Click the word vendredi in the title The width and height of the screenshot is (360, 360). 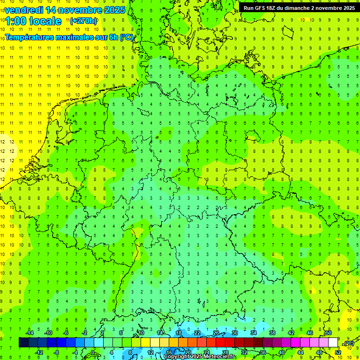pyautogui.click(x=23, y=10)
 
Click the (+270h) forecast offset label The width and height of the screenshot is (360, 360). pyautogui.click(x=83, y=21)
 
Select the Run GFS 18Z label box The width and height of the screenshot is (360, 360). pyautogui.click(x=299, y=8)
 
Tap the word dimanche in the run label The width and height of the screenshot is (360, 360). pyautogui.click(x=297, y=8)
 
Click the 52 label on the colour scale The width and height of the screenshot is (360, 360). pyautogui.click(x=337, y=352)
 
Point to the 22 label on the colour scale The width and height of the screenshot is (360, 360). pyautogui.click(x=197, y=333)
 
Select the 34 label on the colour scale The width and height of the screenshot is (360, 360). pyautogui.click(x=254, y=333)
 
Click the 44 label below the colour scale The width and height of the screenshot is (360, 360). pyautogui.click(x=300, y=352)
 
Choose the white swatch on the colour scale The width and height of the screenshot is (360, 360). pyautogui.click(x=333, y=342)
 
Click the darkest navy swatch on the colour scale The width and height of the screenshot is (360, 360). pyautogui.click(x=23, y=342)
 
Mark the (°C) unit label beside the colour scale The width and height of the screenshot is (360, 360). pyautogui.click(x=349, y=343)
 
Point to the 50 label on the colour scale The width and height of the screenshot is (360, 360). pyautogui.click(x=329, y=333)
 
